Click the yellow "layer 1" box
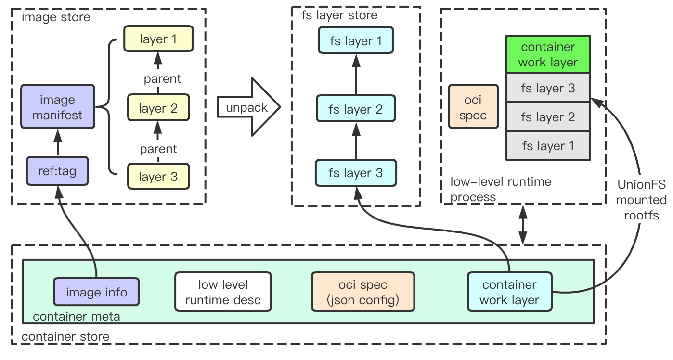pos(158,39)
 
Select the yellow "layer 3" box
pos(158,176)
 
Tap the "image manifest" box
pos(58,106)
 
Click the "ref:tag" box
pos(57,171)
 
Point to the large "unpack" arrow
pos(248,107)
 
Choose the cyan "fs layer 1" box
pos(356,40)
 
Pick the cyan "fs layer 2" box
pos(356,108)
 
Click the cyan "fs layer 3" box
pos(356,173)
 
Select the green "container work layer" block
pos(548,54)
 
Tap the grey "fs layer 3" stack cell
pos(548,88)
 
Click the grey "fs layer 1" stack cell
pos(548,146)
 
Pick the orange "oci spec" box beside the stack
pos(473,106)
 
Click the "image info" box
pos(96,292)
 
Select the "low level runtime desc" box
pos(223,292)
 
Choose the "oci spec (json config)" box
pos(363,292)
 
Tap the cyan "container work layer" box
pos(509,292)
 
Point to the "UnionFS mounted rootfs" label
pos(641,200)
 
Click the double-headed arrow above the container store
pos(523,225)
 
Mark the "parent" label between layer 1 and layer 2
pos(162,78)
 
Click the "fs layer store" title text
pos(339,15)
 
